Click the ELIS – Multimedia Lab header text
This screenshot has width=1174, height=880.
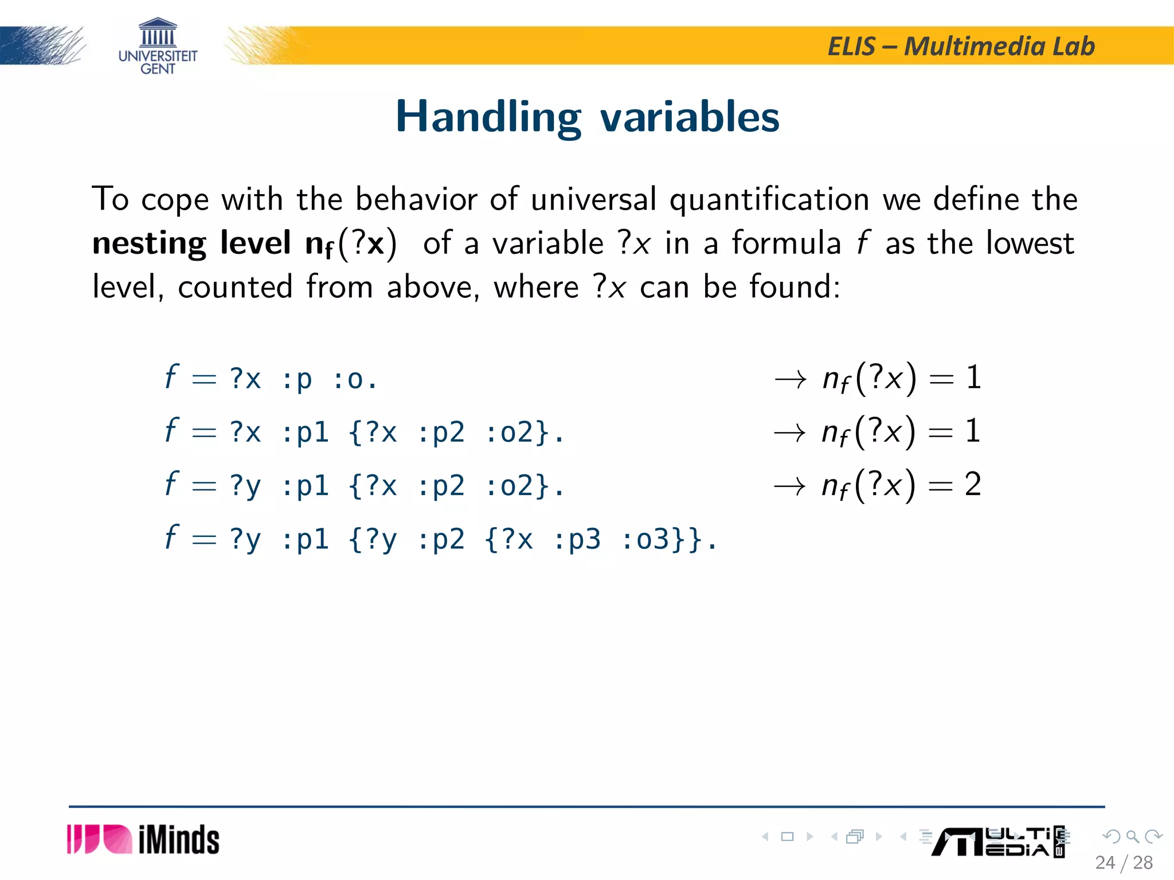[961, 46]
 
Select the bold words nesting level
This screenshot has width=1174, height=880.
[191, 243]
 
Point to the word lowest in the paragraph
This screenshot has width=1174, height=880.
[1030, 243]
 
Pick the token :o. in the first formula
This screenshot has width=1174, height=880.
[355, 379]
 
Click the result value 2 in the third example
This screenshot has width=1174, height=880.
[973, 485]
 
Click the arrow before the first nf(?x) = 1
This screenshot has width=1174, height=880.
[791, 379]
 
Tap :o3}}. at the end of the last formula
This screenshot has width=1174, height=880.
[668, 540]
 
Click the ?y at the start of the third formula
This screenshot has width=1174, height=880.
[245, 486]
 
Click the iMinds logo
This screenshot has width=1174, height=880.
[143, 840]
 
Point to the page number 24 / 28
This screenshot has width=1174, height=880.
[1124, 863]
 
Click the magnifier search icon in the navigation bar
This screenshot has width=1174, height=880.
[1132, 836]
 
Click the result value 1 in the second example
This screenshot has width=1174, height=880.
[973, 431]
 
